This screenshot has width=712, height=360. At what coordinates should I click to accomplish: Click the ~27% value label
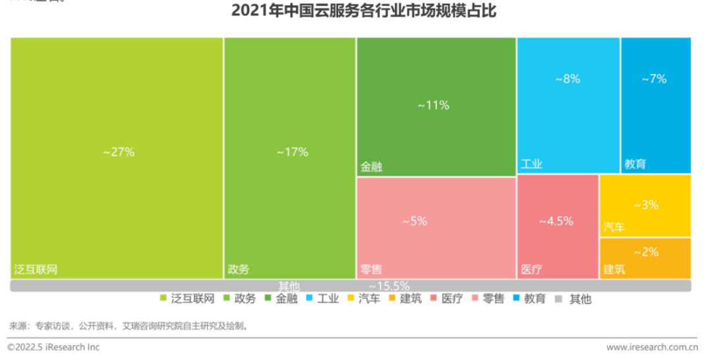119,152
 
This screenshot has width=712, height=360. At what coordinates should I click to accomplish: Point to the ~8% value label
567,79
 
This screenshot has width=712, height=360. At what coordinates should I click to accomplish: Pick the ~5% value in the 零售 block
415,222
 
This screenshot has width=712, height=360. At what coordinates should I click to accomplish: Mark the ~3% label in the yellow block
645,205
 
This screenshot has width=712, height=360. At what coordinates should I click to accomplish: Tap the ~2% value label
645,253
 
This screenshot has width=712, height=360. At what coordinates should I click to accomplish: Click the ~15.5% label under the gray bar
389,286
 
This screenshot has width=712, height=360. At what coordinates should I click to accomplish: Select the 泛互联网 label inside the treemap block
36,270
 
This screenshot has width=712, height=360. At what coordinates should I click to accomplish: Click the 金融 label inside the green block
371,167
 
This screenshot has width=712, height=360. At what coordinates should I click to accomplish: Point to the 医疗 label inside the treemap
531,270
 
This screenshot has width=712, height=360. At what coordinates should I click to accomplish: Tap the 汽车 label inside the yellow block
614,227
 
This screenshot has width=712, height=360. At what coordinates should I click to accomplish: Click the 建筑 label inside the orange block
614,270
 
